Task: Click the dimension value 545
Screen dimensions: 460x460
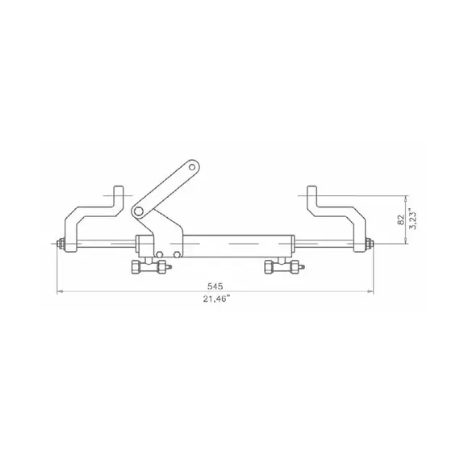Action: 215,286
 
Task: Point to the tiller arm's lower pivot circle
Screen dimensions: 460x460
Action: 139,211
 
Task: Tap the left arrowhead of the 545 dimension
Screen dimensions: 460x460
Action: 58,292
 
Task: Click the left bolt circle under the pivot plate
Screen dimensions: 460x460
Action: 161,254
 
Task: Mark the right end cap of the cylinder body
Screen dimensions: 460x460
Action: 292,243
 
